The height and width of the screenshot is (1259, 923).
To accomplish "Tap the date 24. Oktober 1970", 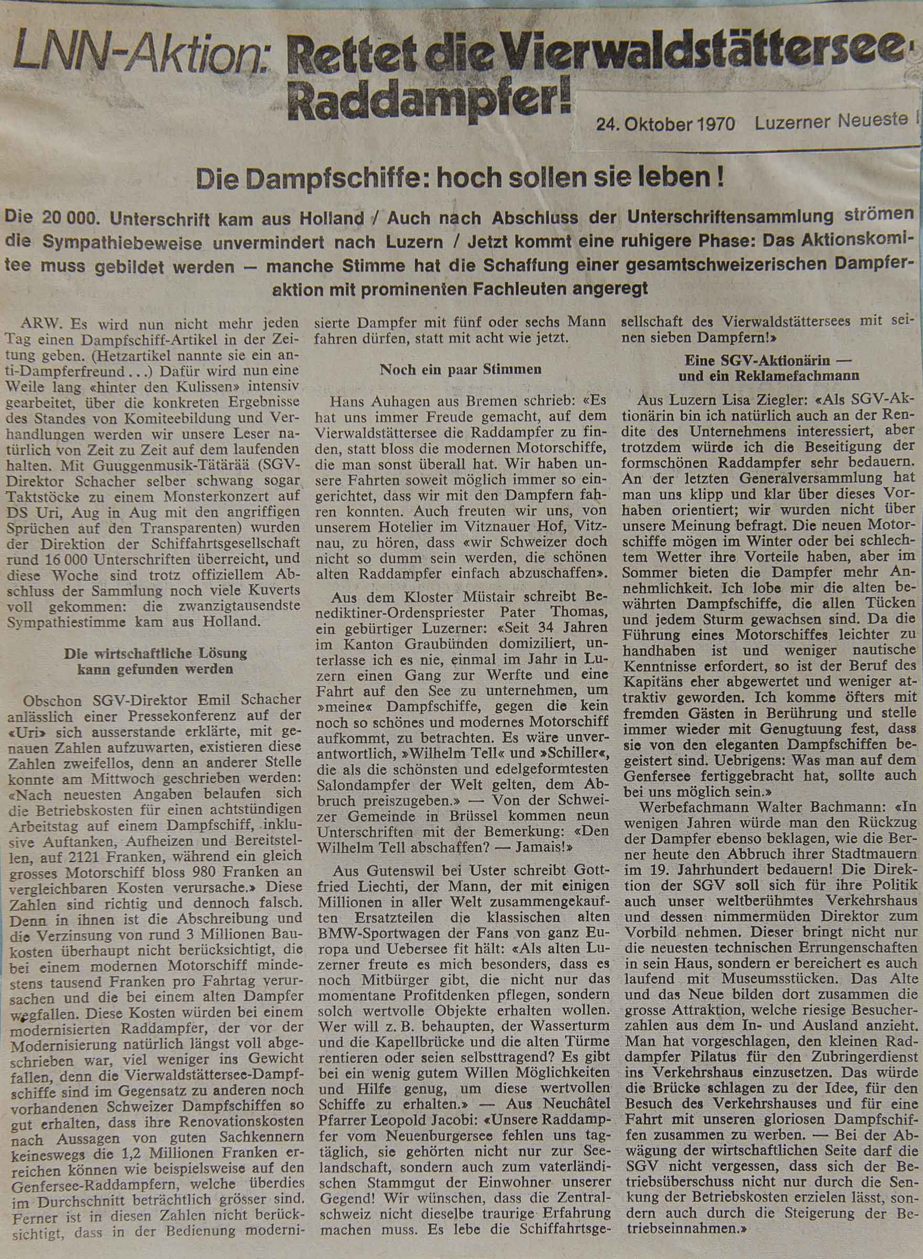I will point(665,123).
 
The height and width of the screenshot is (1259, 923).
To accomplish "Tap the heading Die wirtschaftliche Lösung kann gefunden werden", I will point(154,660).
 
